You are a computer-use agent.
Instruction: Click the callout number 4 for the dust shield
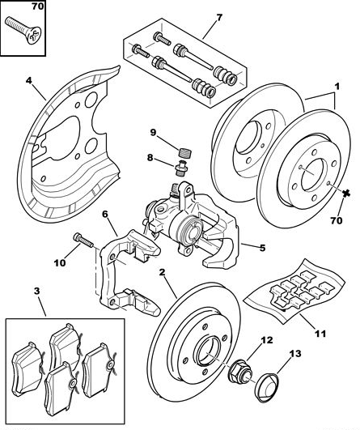(29, 81)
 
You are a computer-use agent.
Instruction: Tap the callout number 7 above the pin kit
(219, 18)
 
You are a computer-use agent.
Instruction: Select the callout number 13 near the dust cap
(295, 354)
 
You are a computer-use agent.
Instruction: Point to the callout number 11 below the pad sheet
(320, 334)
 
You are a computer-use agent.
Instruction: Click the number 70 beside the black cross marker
(337, 220)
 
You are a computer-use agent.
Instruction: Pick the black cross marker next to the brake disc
(346, 194)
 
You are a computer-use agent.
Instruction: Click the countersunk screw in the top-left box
(23, 31)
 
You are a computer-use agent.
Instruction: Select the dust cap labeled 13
(267, 389)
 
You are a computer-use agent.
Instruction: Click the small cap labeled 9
(186, 151)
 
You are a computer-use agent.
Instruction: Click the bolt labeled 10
(83, 241)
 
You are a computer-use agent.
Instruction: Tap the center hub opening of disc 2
(209, 352)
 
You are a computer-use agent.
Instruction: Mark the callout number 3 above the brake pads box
(37, 291)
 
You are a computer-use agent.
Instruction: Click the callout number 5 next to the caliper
(262, 248)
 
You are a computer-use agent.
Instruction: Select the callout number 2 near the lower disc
(163, 272)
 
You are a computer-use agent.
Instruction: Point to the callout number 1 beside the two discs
(337, 86)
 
